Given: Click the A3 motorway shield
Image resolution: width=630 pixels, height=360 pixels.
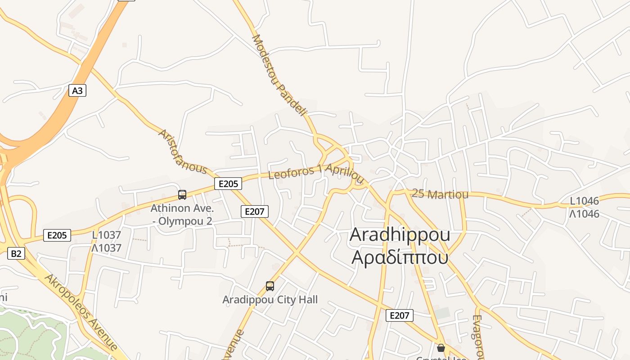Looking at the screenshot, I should point(77,91).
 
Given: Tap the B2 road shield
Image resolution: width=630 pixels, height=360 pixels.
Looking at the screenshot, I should point(16,253).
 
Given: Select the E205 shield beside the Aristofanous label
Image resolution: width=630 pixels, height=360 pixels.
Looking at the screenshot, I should point(228,184).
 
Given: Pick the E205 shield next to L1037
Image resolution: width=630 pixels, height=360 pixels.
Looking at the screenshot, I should point(57,235).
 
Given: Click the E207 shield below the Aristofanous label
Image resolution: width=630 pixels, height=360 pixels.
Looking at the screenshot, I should point(255,211).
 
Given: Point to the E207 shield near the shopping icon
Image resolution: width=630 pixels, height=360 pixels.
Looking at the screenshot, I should point(400,315).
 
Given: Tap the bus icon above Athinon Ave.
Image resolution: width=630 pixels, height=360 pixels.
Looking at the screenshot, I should point(182,195).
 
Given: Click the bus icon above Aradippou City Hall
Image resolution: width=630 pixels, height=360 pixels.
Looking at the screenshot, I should point(270,286).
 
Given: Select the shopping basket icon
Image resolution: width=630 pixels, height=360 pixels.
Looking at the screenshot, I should point(441,347).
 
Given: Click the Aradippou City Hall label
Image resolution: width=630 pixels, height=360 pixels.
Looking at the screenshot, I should point(270,300).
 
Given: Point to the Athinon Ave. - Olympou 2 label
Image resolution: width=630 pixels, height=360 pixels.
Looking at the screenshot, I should point(182,215).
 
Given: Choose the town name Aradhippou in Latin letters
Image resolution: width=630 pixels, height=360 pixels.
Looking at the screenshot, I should point(400,234).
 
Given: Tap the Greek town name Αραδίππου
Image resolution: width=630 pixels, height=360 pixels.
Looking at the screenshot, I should point(400,257).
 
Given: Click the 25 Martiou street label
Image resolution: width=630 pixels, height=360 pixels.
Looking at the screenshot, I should point(440,194).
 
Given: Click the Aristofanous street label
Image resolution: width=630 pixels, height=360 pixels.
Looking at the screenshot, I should point(182,153).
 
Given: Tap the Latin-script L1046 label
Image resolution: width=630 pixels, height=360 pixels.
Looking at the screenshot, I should point(585,201).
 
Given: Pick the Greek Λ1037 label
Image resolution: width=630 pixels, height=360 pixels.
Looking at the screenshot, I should point(107,248).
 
